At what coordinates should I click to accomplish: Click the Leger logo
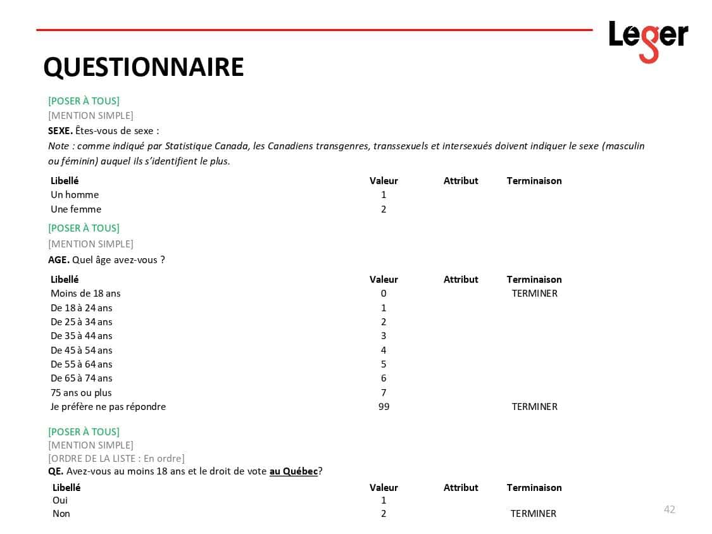point(648,40)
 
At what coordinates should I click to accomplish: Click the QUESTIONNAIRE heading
point(143,67)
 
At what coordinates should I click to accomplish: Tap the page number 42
point(669,509)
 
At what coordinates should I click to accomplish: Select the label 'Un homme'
point(75,195)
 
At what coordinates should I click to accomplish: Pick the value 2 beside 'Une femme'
point(384,209)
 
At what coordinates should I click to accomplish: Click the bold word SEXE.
point(60,131)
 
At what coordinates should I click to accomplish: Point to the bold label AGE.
point(59,260)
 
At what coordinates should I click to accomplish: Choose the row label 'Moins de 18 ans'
point(85,294)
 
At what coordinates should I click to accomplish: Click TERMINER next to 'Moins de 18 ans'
point(534,294)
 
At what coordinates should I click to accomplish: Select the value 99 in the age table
point(384,407)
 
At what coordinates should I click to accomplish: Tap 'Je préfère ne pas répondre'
point(108,407)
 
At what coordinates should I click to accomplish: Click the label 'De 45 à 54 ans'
point(82,351)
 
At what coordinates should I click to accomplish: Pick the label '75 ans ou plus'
point(81,393)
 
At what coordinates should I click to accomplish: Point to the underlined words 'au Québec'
point(294,471)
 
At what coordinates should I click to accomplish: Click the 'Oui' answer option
point(60,500)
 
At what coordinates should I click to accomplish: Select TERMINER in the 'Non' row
point(533,514)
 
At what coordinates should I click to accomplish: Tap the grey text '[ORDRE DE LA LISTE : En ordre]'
point(116,459)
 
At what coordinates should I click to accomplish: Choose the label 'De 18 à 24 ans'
point(82,308)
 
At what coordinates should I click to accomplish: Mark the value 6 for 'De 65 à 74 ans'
point(384,378)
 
